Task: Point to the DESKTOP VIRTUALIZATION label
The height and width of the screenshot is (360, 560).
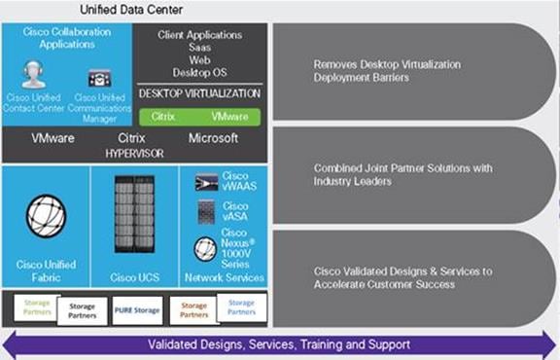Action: tap(199, 94)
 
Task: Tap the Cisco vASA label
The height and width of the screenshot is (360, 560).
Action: tap(235, 213)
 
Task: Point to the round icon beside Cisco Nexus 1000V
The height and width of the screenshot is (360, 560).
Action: tap(205, 250)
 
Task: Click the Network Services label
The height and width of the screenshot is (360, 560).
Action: tap(224, 277)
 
